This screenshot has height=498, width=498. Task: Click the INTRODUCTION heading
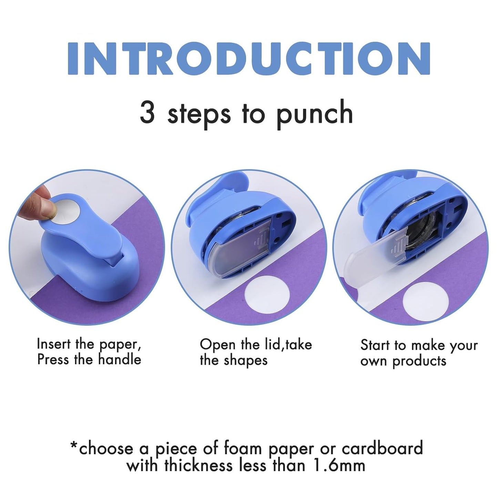[249, 59]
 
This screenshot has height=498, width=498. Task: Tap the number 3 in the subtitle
[148, 112]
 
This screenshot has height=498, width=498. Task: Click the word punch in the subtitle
[314, 114]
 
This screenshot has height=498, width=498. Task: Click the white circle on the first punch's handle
[67, 210]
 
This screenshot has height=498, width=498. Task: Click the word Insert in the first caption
[54, 344]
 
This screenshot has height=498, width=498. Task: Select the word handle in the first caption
[120, 359]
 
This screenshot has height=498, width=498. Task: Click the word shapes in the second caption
[245, 360]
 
